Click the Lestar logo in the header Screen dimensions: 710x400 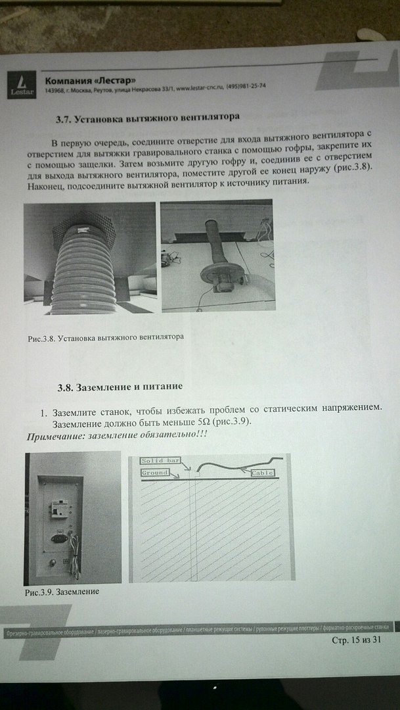pyautogui.click(x=21, y=84)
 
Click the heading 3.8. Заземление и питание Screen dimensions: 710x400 pyautogui.click(x=119, y=385)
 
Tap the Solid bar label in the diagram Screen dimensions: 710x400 pyautogui.click(x=161, y=461)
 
